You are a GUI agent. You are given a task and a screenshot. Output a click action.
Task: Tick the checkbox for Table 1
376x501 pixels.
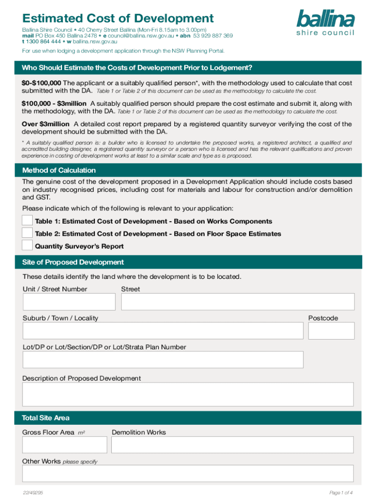pyautogui.click(x=27, y=221)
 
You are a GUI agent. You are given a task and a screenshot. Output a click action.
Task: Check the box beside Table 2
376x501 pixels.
pyautogui.click(x=27, y=233)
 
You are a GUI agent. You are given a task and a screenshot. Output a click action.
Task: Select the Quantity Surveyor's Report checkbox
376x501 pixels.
pyautogui.click(x=27, y=245)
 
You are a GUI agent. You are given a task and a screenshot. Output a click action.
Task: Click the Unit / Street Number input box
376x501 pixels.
pyautogui.click(x=69, y=302)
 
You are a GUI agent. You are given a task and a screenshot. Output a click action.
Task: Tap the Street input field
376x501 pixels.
pyautogui.click(x=237, y=302)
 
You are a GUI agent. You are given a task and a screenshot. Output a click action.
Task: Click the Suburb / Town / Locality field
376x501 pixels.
pyautogui.click(x=163, y=331)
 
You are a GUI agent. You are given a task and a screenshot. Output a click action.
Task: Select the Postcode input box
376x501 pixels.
pyautogui.click(x=331, y=331)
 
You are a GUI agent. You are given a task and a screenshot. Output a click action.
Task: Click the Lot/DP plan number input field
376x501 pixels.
pyautogui.click(x=163, y=360)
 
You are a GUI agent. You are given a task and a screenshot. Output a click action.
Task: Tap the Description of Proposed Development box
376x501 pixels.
pyautogui.click(x=188, y=394)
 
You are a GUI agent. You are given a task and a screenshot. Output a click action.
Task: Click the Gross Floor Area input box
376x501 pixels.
pyautogui.click(x=64, y=445)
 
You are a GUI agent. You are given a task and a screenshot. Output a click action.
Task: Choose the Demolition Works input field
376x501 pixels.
pyautogui.click(x=232, y=445)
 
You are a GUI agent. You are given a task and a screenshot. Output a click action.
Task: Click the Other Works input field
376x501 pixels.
pyautogui.click(x=188, y=474)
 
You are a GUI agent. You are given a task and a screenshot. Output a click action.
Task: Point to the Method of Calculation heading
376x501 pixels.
pyautogui.click(x=59, y=170)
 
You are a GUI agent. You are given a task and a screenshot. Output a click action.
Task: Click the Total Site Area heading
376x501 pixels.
pyautogui.click(x=46, y=418)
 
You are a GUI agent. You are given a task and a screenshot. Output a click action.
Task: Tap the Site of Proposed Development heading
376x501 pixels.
pyautogui.click(x=73, y=262)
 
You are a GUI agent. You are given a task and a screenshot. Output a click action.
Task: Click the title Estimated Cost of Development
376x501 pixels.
pyautogui.click(x=118, y=19)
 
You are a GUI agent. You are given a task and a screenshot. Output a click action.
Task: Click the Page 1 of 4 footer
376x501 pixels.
pyautogui.click(x=341, y=492)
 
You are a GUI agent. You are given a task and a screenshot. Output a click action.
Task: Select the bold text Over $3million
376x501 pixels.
pyautogui.click(x=45, y=124)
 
